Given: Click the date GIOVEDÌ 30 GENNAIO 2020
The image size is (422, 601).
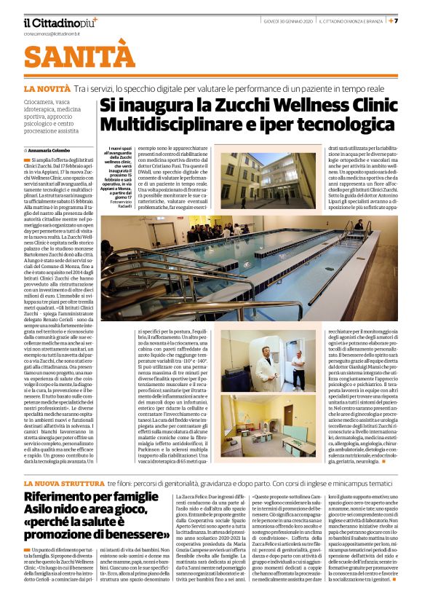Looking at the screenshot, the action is pyautogui.click(x=287, y=21).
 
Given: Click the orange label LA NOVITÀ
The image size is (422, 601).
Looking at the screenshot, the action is pyautogui.click(x=47, y=87).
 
